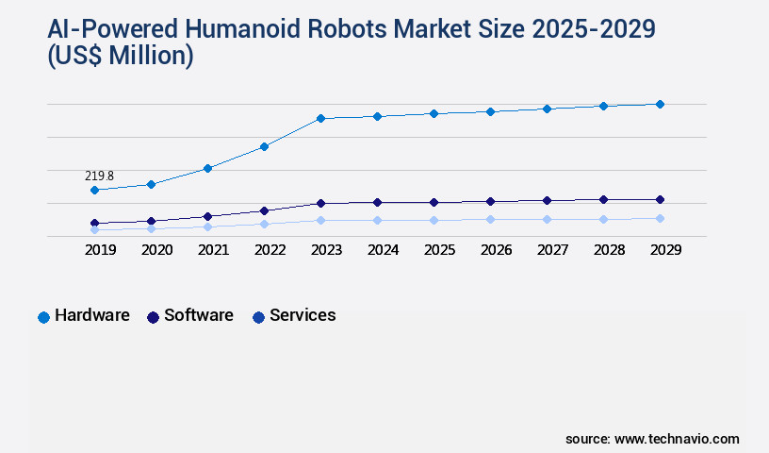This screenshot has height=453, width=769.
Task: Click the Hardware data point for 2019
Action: tap(94, 190)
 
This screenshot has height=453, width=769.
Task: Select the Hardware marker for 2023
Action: tap(320, 118)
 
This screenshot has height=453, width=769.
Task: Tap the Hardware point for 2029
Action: tap(660, 104)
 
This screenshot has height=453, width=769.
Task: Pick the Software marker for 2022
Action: tap(264, 210)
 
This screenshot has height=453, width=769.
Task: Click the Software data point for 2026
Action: tap(490, 201)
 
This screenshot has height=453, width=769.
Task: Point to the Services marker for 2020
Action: tap(151, 228)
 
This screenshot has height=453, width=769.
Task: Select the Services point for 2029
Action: tap(660, 218)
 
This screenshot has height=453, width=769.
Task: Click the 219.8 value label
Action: tap(99, 176)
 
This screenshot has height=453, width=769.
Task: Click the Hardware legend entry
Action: tap(91, 315)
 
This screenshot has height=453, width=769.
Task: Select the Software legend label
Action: tap(198, 315)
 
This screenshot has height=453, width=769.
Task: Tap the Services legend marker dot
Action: tap(258, 317)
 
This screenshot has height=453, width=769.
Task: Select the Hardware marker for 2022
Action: tap(264, 146)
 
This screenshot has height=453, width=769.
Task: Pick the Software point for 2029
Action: tap(660, 199)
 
